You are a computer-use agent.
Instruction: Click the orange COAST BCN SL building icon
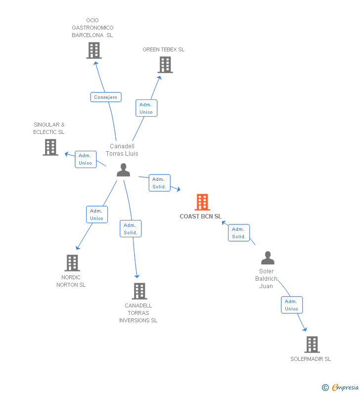(202, 202)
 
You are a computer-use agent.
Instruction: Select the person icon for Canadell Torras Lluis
(123, 170)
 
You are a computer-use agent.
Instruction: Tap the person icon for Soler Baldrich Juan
(268, 258)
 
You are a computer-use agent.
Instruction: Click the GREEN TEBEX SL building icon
(165, 65)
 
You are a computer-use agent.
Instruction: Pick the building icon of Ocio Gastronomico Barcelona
(94, 50)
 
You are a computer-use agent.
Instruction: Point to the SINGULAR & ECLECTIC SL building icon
(50, 147)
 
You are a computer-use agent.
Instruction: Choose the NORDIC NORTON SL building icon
(72, 263)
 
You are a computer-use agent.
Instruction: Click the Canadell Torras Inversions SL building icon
(139, 291)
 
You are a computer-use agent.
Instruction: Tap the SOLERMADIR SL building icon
(312, 345)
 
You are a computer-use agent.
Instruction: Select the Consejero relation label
(106, 97)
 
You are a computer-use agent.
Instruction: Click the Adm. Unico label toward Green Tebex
(146, 108)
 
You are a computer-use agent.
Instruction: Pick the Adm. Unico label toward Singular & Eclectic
(85, 159)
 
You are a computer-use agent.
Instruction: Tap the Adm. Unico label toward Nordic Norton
(96, 215)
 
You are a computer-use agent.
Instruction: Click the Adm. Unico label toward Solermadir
(291, 305)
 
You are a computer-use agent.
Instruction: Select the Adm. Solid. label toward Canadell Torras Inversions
(131, 229)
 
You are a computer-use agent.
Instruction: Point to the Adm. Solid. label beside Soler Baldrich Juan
(239, 233)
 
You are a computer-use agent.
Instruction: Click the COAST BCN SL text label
(201, 217)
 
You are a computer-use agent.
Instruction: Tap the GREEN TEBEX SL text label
(164, 49)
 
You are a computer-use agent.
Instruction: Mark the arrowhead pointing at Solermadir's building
(305, 329)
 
